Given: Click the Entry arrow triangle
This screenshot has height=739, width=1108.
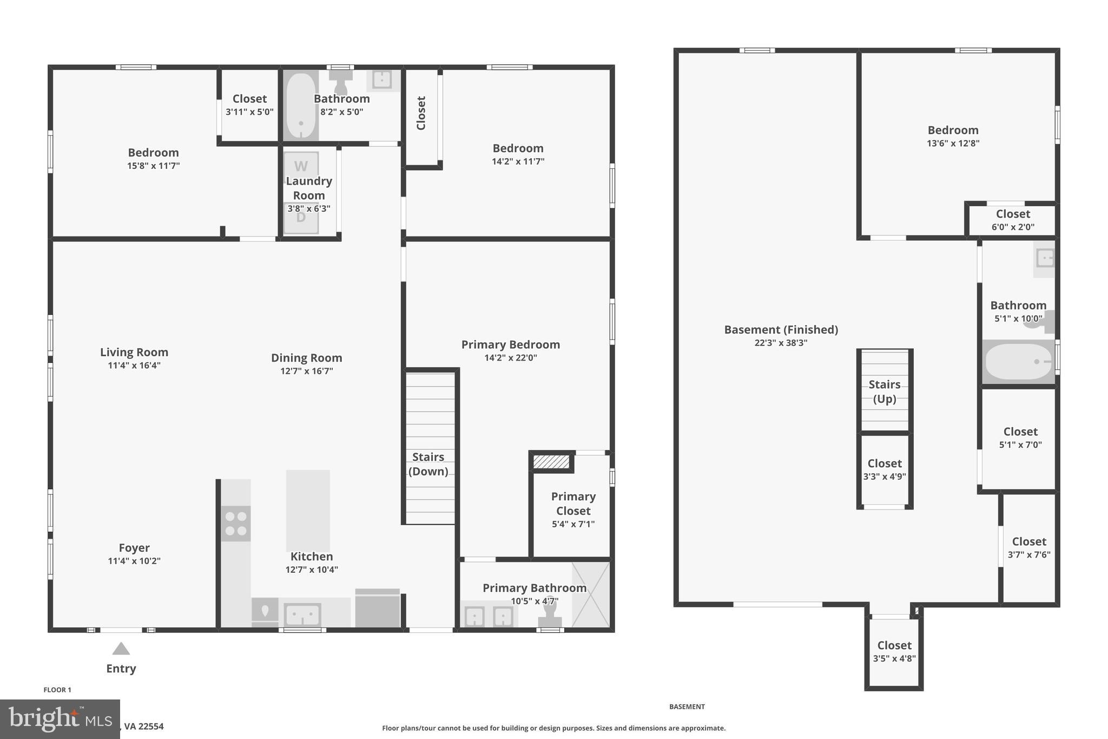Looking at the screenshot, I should pyautogui.click(x=121, y=649).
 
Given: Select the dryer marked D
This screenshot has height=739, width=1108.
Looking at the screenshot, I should pyautogui.click(x=301, y=218).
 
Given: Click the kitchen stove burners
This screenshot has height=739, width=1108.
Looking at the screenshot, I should pyautogui.click(x=236, y=524).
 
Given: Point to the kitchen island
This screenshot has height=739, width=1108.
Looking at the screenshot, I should pyautogui.click(x=307, y=510).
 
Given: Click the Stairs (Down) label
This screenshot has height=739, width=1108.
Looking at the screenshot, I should pyautogui.click(x=428, y=464).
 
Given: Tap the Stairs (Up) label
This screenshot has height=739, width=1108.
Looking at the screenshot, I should pyautogui.click(x=885, y=391).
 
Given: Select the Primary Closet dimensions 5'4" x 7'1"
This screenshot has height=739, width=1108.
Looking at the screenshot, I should pyautogui.click(x=573, y=524).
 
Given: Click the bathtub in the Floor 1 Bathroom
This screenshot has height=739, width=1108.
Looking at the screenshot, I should pyautogui.click(x=301, y=106).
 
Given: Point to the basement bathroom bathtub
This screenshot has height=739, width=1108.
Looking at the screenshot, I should pyautogui.click(x=1018, y=362).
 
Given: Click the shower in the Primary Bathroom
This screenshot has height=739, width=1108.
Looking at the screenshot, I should pyautogui.click(x=591, y=594).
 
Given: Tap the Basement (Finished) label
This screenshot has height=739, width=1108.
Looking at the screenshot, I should pyautogui.click(x=781, y=330).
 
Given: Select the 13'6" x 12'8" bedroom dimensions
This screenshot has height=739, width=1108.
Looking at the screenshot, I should pyautogui.click(x=953, y=143).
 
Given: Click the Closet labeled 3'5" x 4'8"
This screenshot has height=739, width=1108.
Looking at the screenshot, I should pyautogui.click(x=894, y=651).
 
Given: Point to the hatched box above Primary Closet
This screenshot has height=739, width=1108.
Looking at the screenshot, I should pyautogui.click(x=551, y=462).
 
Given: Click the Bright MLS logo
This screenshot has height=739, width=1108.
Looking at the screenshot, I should pyautogui.click(x=60, y=719).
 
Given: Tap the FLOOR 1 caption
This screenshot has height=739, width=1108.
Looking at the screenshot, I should pyautogui.click(x=57, y=690).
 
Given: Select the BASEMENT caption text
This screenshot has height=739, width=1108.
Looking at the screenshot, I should pyautogui.click(x=687, y=707).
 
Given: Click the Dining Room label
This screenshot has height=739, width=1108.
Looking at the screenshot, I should pyautogui.click(x=306, y=358).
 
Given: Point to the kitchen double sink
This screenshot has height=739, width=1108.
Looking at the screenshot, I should pyautogui.click(x=302, y=615).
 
